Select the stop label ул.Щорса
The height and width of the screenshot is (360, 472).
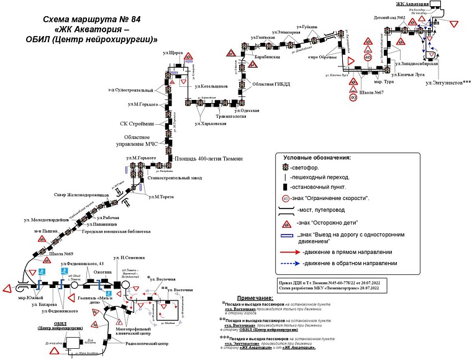pos(172,53)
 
